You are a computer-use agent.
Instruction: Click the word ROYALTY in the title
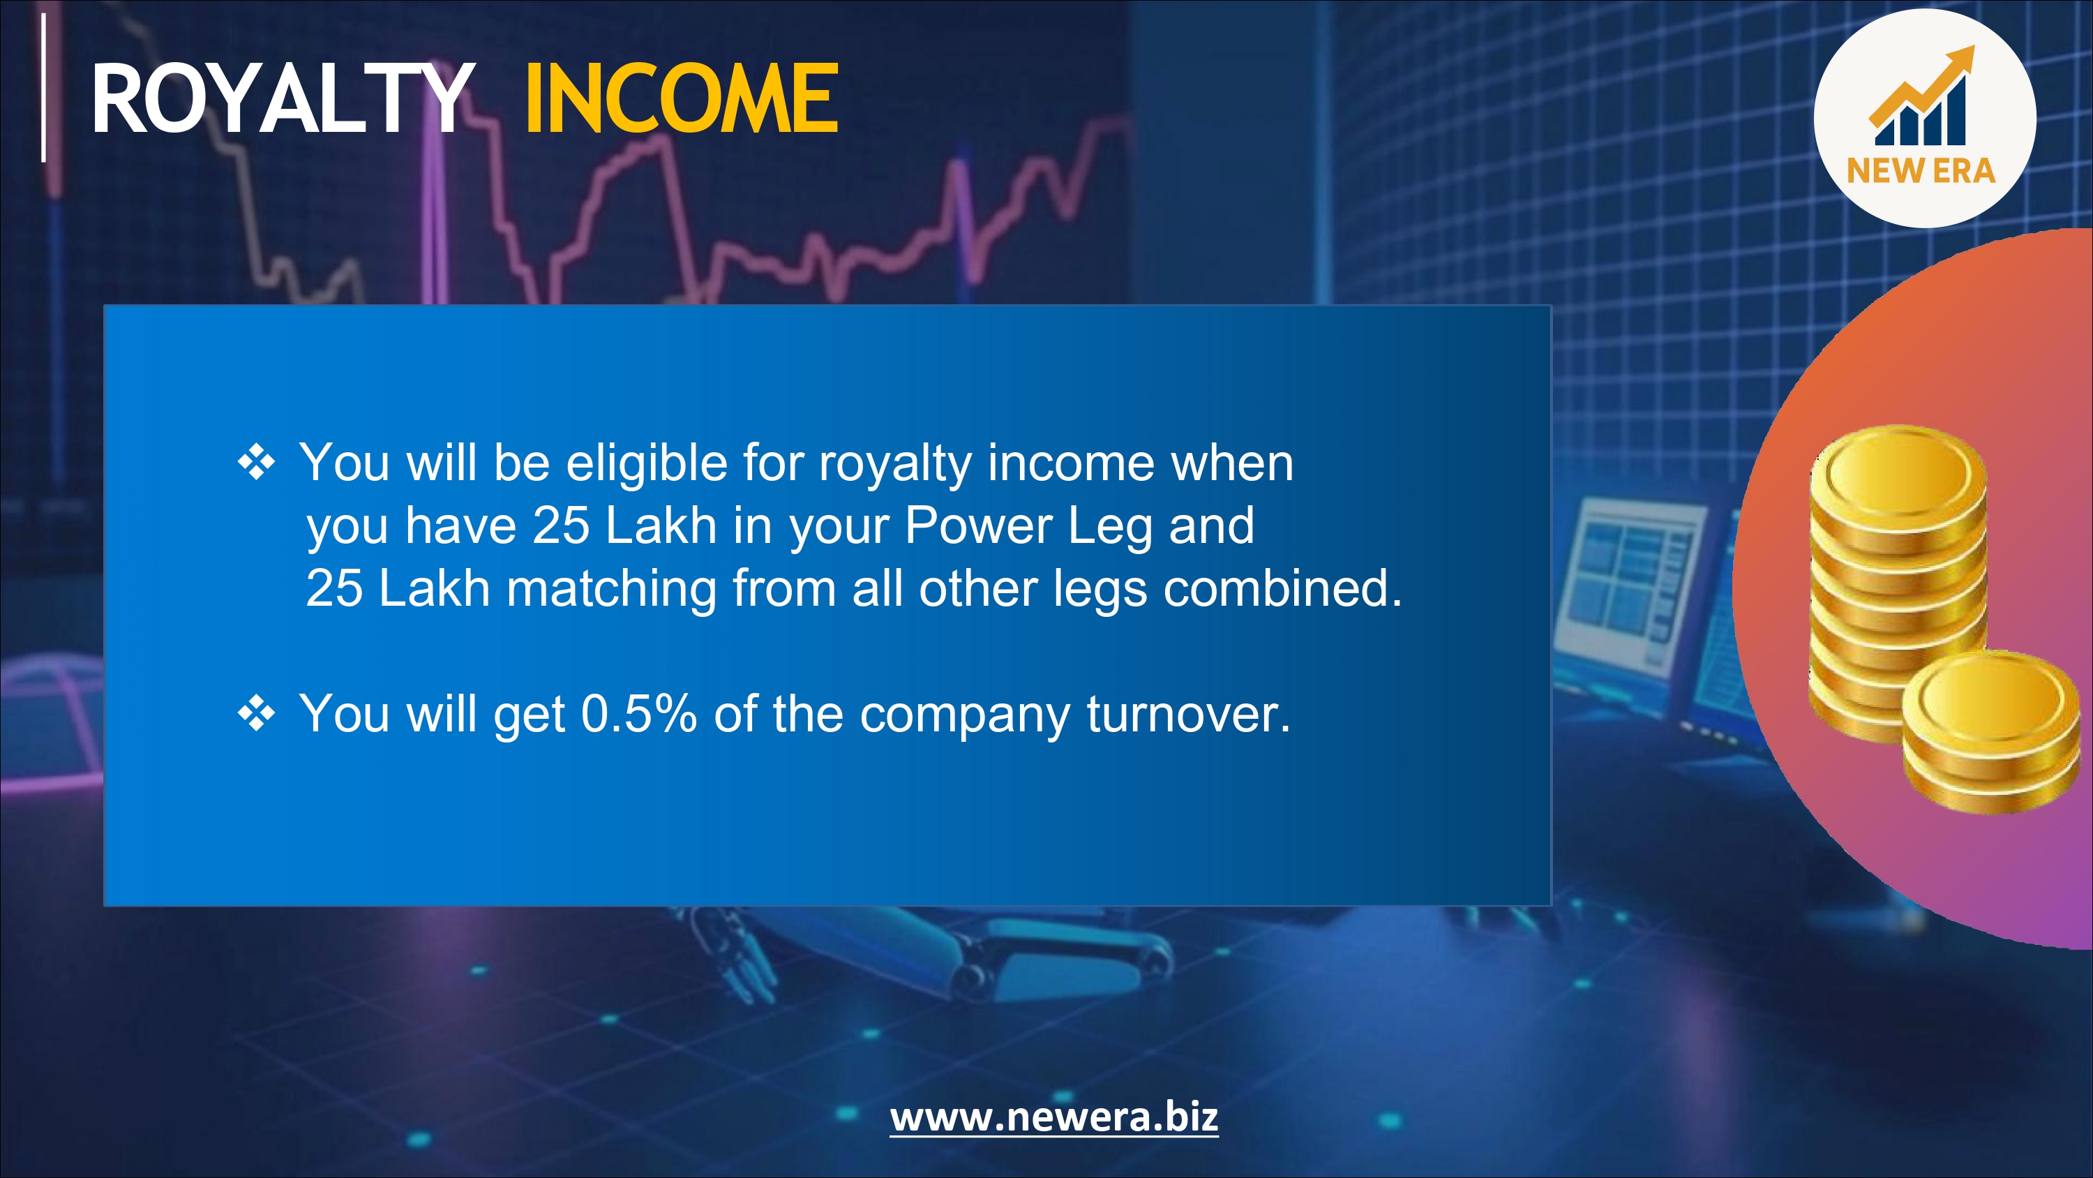point(282,98)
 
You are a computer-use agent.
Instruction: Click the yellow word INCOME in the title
point(682,98)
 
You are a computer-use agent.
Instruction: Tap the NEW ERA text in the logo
point(1921,171)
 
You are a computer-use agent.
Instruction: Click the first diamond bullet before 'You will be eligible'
point(256,463)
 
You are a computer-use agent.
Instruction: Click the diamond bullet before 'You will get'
point(256,714)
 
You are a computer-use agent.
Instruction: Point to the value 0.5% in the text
point(638,714)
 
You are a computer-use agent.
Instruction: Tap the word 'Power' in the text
point(978,525)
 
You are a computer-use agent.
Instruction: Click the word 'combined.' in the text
point(1283,588)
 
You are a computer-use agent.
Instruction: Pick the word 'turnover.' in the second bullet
point(1188,715)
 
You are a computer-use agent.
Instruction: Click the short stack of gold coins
point(1990,731)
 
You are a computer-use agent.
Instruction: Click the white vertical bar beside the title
point(44,87)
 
